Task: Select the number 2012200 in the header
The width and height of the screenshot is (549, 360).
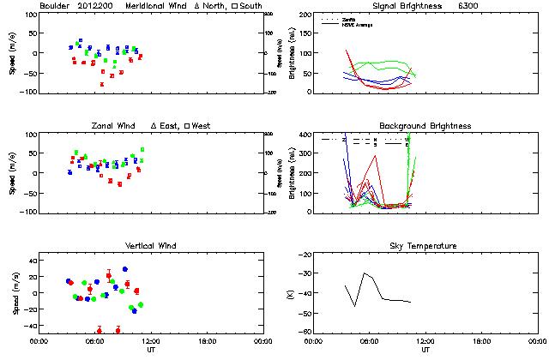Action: pos(95,6)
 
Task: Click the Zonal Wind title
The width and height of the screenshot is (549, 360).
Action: pos(114,126)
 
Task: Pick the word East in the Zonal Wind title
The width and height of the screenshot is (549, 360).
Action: pos(166,126)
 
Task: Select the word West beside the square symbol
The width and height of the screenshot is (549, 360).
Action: pos(202,126)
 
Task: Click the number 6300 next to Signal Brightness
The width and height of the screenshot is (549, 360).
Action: pos(468,6)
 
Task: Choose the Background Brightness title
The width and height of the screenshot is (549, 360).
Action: pos(425,126)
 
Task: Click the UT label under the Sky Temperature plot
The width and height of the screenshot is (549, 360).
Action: pos(425,350)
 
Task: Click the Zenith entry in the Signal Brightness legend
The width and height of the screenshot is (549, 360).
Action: pos(347,19)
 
